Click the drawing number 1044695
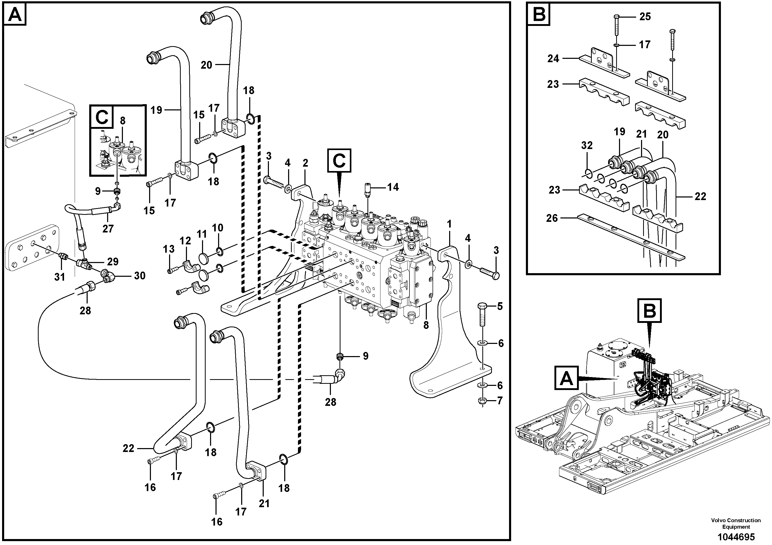736,537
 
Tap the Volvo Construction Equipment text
736,523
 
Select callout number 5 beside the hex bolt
500,306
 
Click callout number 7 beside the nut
500,401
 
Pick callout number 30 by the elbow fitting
140,276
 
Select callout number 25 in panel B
645,17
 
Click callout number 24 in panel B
553,59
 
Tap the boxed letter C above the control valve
339,161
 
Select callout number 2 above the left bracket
305,163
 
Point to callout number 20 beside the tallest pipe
206,65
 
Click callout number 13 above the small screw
169,249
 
